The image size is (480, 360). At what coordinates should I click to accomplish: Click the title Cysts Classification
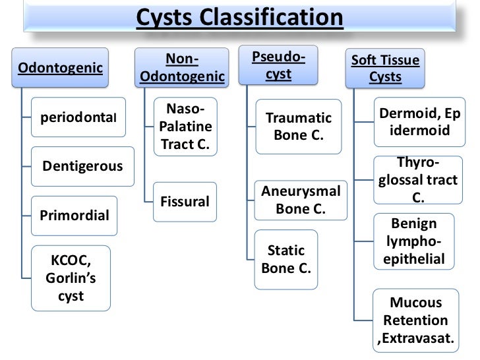239,17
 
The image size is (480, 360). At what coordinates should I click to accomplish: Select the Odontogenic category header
60,68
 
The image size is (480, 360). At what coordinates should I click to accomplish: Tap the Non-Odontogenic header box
183,69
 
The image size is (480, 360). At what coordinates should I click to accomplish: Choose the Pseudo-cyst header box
278,66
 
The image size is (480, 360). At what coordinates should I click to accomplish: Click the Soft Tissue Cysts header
386,69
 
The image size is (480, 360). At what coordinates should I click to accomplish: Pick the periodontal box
78,117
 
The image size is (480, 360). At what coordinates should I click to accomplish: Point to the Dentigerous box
82,165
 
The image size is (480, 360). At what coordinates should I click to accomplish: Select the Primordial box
74,216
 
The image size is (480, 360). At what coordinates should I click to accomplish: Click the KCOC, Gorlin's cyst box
71,278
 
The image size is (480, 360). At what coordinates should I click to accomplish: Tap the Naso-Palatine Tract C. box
185,127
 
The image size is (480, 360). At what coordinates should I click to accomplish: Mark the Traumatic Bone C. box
298,127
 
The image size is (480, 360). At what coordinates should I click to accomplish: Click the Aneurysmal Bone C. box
301,200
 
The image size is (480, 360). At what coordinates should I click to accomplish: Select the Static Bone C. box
285,260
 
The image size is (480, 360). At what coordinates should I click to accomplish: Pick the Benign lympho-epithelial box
413,241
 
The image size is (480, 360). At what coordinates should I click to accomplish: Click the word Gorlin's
71,278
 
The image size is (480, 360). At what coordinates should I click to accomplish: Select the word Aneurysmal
301,192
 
